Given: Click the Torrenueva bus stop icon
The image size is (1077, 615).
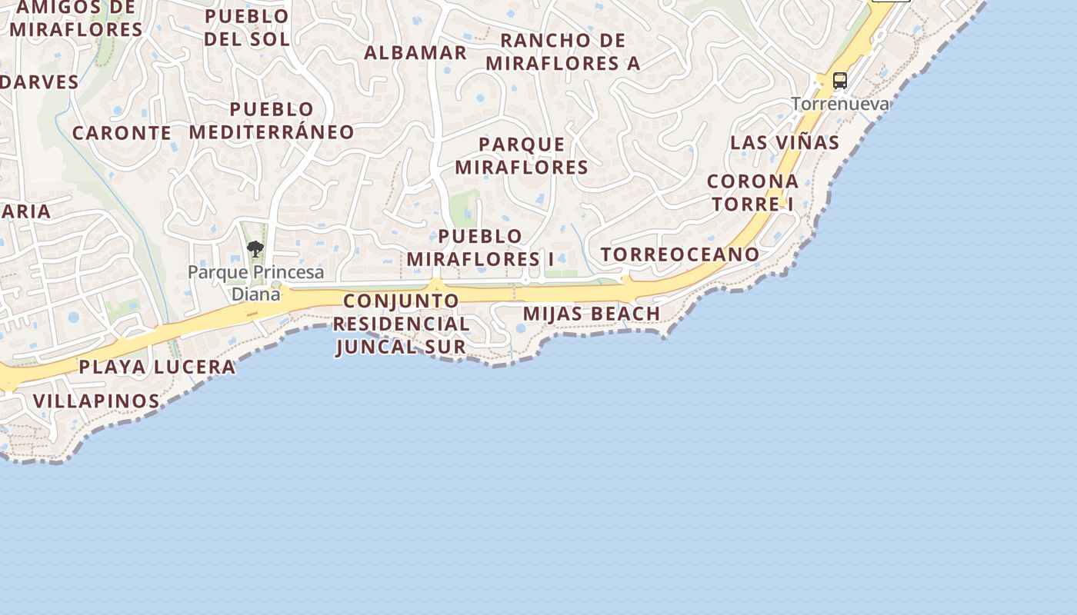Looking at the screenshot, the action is pyautogui.click(x=840, y=81).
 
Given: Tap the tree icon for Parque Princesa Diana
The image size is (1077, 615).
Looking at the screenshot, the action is pyautogui.click(x=255, y=249).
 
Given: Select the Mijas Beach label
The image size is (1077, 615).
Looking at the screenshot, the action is pyautogui.click(x=592, y=314).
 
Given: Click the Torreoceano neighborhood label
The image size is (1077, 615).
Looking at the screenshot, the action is pyautogui.click(x=680, y=254).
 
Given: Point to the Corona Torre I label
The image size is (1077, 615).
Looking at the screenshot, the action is pyautogui.click(x=752, y=193).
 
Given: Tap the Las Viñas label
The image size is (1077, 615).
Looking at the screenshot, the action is pyautogui.click(x=785, y=142).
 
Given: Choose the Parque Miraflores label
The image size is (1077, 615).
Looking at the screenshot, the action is pyautogui.click(x=522, y=156).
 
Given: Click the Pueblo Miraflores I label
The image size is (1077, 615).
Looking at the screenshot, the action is pyautogui.click(x=480, y=248).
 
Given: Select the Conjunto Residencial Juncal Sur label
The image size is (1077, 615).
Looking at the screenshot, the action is pyautogui.click(x=401, y=324).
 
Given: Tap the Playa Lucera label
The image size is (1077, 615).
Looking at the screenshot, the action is pyautogui.click(x=157, y=367).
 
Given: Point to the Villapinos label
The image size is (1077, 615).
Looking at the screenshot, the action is pyautogui.click(x=96, y=401).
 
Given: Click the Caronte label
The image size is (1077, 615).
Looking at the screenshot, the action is pyautogui.click(x=122, y=133).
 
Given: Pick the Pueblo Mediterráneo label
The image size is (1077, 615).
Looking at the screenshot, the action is pyautogui.click(x=272, y=121).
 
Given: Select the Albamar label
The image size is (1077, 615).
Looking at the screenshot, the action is pyautogui.click(x=415, y=53).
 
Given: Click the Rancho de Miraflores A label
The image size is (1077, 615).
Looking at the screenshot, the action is pyautogui.click(x=563, y=52).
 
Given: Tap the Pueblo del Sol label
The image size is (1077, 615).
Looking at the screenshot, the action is pyautogui.click(x=247, y=28).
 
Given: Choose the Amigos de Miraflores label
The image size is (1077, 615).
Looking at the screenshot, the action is pyautogui.click(x=76, y=19).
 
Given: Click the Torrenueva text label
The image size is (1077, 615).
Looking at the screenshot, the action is pyautogui.click(x=840, y=104).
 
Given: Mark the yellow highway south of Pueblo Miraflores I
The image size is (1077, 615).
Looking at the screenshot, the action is pyautogui.click(x=477, y=294).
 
